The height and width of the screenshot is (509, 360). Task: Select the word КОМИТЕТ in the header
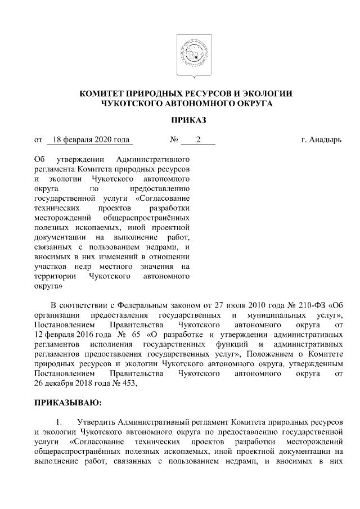(x=103, y=94)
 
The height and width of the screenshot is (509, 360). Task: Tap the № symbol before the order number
(x=174, y=139)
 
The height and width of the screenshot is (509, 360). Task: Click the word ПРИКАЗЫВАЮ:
(x=68, y=403)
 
